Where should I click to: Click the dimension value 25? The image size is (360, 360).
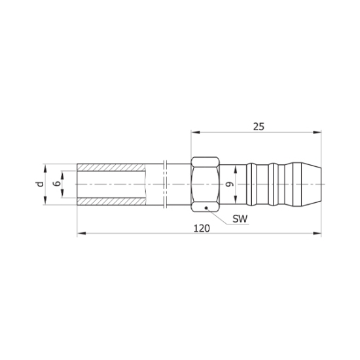point(259,126)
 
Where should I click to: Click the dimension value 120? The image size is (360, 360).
point(202,228)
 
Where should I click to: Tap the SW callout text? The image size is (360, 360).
point(240,219)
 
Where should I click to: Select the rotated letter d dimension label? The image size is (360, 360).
point(40,184)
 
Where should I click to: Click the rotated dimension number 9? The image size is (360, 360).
point(230,184)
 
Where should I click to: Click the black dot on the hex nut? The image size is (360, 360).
point(206,208)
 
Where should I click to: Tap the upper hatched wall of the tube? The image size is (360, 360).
point(111,168)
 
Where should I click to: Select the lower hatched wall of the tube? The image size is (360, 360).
point(111,202)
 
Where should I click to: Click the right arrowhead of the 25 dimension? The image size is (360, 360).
point(317,132)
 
